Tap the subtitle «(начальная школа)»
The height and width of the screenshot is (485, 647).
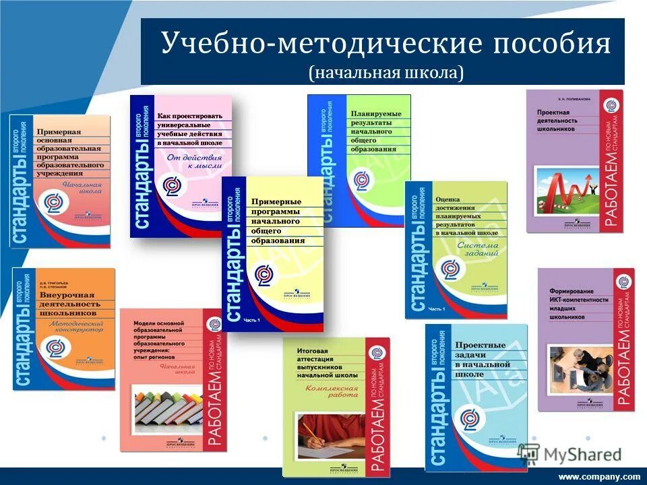pyautogui.click(x=386, y=73)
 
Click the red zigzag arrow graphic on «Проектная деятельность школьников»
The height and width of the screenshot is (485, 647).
pyautogui.click(x=569, y=186)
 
